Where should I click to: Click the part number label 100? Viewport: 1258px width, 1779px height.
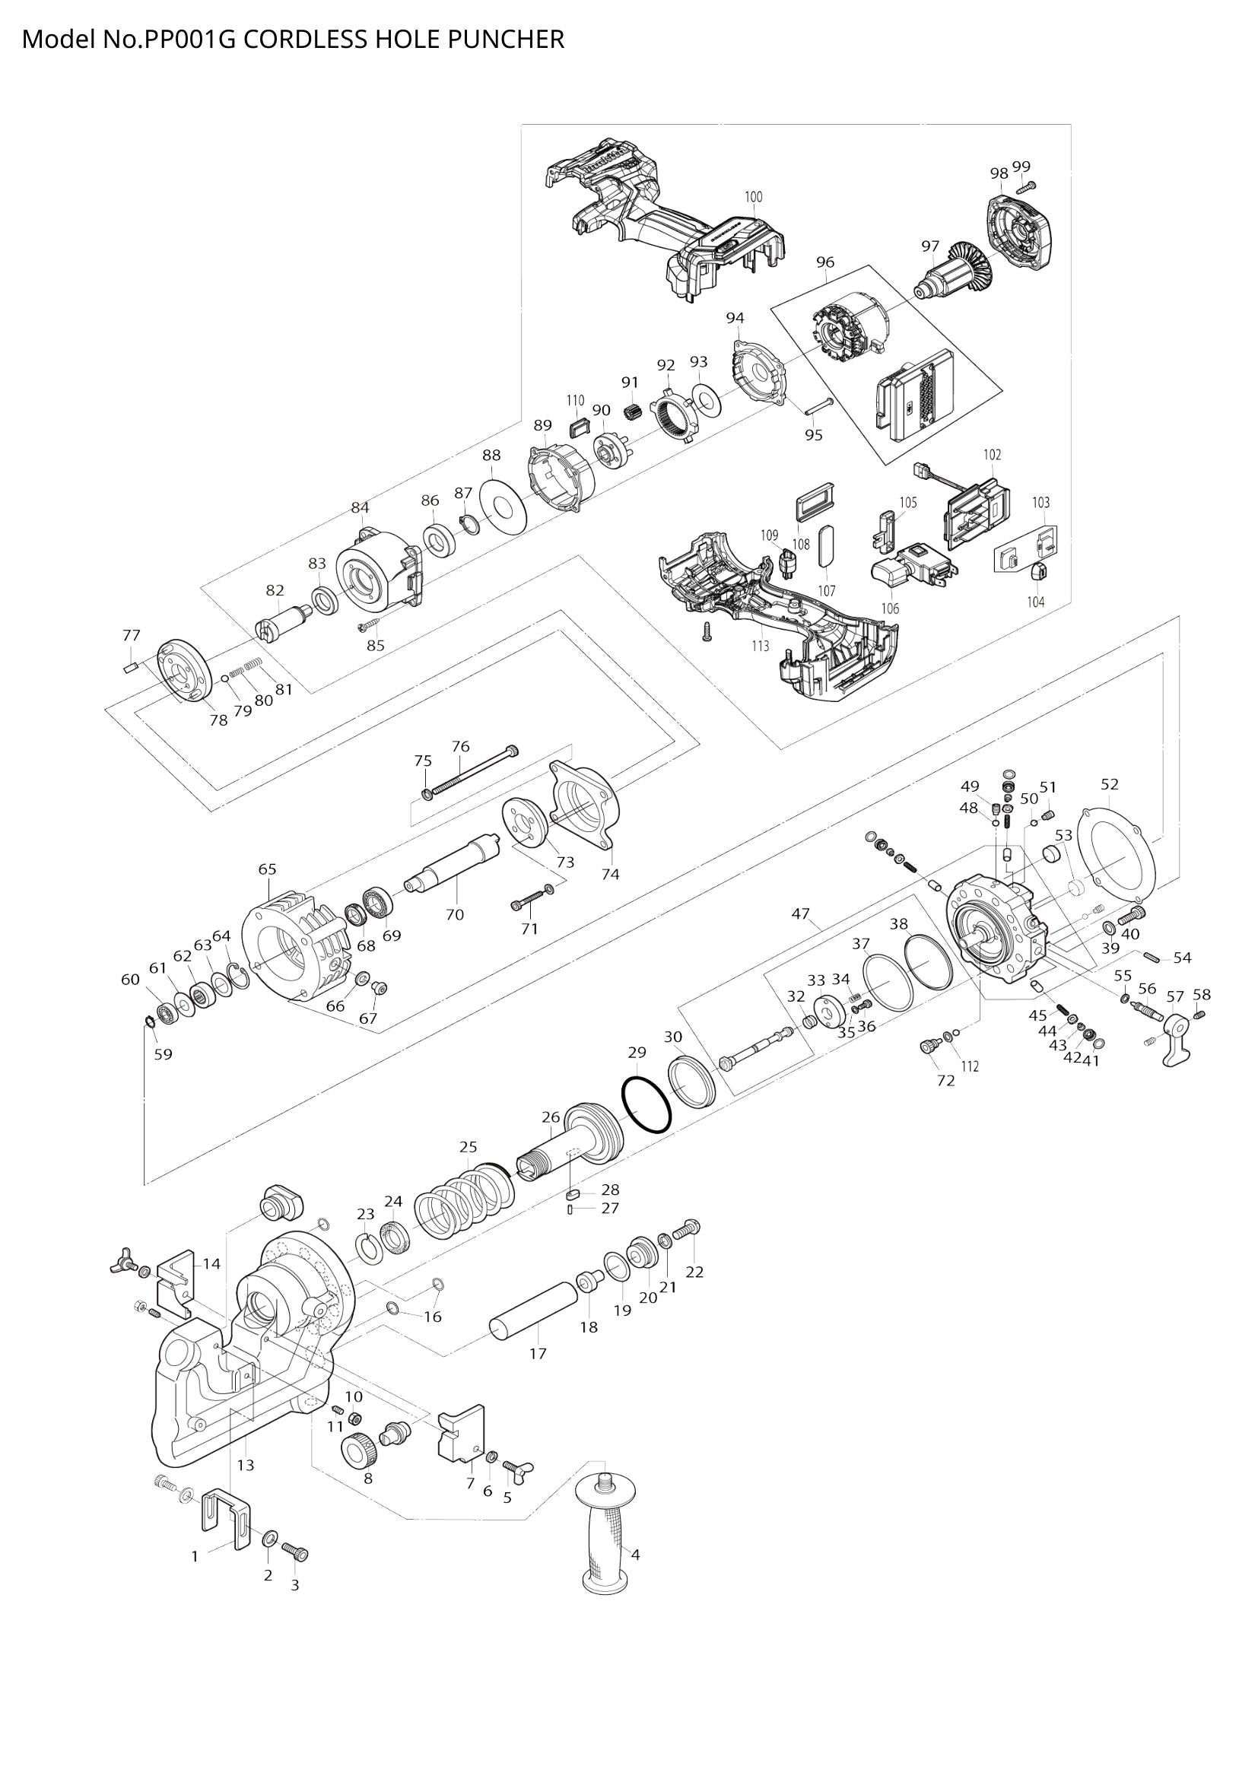(x=753, y=197)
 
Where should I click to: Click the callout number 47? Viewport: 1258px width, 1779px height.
(x=800, y=914)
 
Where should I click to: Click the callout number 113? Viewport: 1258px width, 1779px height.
(x=760, y=646)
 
